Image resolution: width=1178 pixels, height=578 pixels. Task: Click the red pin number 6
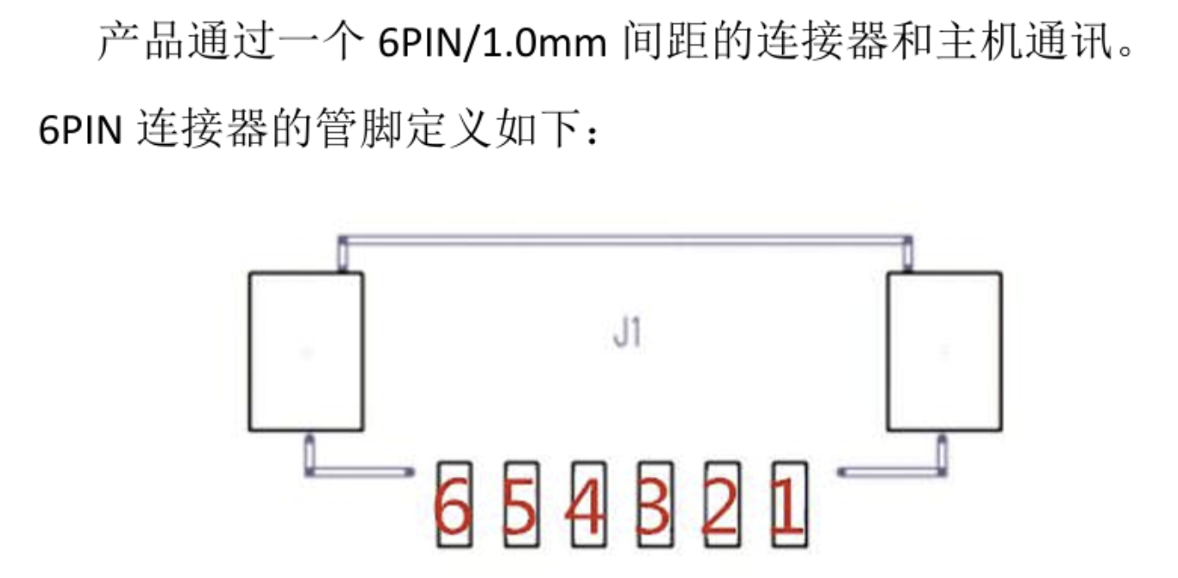click(454, 507)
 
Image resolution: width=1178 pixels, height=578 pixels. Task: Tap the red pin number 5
click(520, 507)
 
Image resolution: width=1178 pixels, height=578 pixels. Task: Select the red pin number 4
click(586, 507)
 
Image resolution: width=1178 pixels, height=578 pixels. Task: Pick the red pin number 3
click(653, 507)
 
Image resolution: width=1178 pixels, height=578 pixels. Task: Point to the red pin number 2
click(720, 507)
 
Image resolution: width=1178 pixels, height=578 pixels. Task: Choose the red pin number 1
click(786, 507)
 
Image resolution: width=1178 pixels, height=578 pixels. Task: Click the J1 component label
click(627, 334)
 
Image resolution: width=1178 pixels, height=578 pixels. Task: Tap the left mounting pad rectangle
click(305, 351)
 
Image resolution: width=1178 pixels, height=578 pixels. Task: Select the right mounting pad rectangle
click(944, 351)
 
